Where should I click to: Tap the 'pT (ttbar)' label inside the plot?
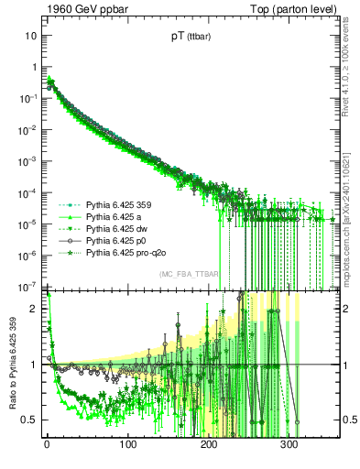click(188, 38)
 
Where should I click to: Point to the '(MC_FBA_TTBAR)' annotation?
click(188, 274)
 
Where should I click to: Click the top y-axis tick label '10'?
click(31, 36)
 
